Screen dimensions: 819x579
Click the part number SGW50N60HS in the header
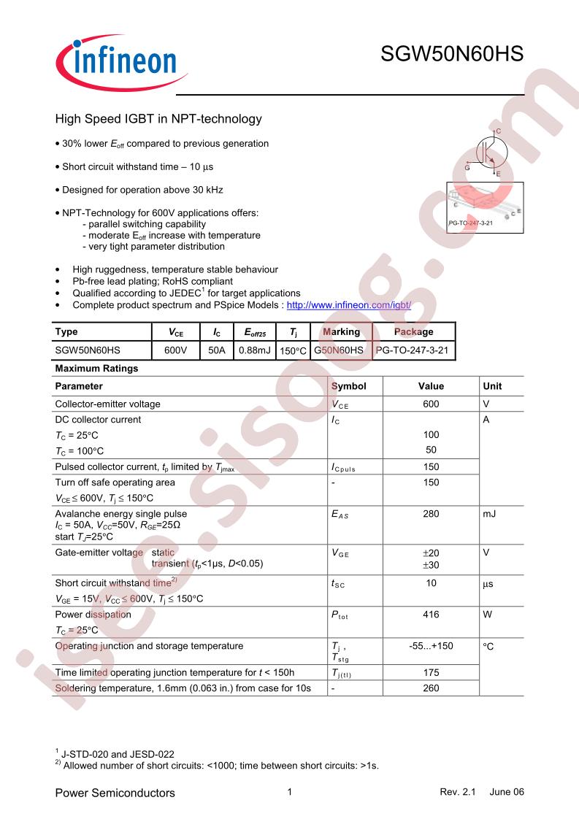pyautogui.click(x=453, y=57)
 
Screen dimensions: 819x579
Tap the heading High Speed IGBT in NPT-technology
pyautogui.click(x=158, y=118)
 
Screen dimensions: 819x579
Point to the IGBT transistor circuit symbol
pyautogui.click(x=486, y=152)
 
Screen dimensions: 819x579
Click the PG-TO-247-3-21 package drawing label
pyautogui.click(x=472, y=222)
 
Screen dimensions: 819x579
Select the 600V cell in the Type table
pyautogui.click(x=175, y=350)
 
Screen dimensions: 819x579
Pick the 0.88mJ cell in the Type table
pyautogui.click(x=254, y=350)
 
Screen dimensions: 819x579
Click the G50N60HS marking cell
pyautogui.click(x=338, y=350)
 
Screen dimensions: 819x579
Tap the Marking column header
pyautogui.click(x=341, y=331)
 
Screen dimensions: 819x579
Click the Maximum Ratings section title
pyautogui.click(x=96, y=369)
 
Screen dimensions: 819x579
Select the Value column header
pyautogui.click(x=431, y=386)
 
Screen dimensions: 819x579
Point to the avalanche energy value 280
pyautogui.click(x=431, y=514)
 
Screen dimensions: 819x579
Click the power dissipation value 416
pyautogui.click(x=431, y=615)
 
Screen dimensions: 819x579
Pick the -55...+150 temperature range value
pyautogui.click(x=431, y=646)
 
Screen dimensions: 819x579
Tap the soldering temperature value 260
pyautogui.click(x=431, y=688)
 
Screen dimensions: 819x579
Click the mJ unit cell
pyautogui.click(x=489, y=514)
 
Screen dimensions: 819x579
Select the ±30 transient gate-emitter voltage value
pyautogui.click(x=431, y=565)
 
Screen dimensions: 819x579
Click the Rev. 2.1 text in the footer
pyautogui.click(x=457, y=793)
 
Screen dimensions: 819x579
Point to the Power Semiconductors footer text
pyautogui.click(x=115, y=793)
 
